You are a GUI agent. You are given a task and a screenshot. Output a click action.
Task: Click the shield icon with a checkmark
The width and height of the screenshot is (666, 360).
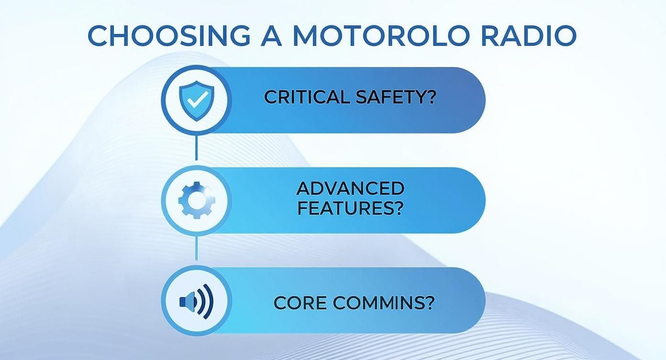point(196,100)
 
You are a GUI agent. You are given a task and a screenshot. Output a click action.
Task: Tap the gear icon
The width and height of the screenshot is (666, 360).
point(196,200)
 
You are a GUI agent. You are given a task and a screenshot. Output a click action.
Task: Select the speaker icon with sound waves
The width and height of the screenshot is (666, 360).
point(196,301)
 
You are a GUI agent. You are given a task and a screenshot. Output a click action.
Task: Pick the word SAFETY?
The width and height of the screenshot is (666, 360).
point(397,97)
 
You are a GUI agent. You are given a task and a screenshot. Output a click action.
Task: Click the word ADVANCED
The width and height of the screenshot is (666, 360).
point(350,188)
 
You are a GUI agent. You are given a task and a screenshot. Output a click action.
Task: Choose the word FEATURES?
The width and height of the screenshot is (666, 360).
point(350,208)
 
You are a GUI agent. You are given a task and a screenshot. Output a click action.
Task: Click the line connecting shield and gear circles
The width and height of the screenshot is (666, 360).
point(196,148)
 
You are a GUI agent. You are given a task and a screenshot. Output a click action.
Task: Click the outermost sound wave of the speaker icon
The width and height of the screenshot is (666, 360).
point(209,301)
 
